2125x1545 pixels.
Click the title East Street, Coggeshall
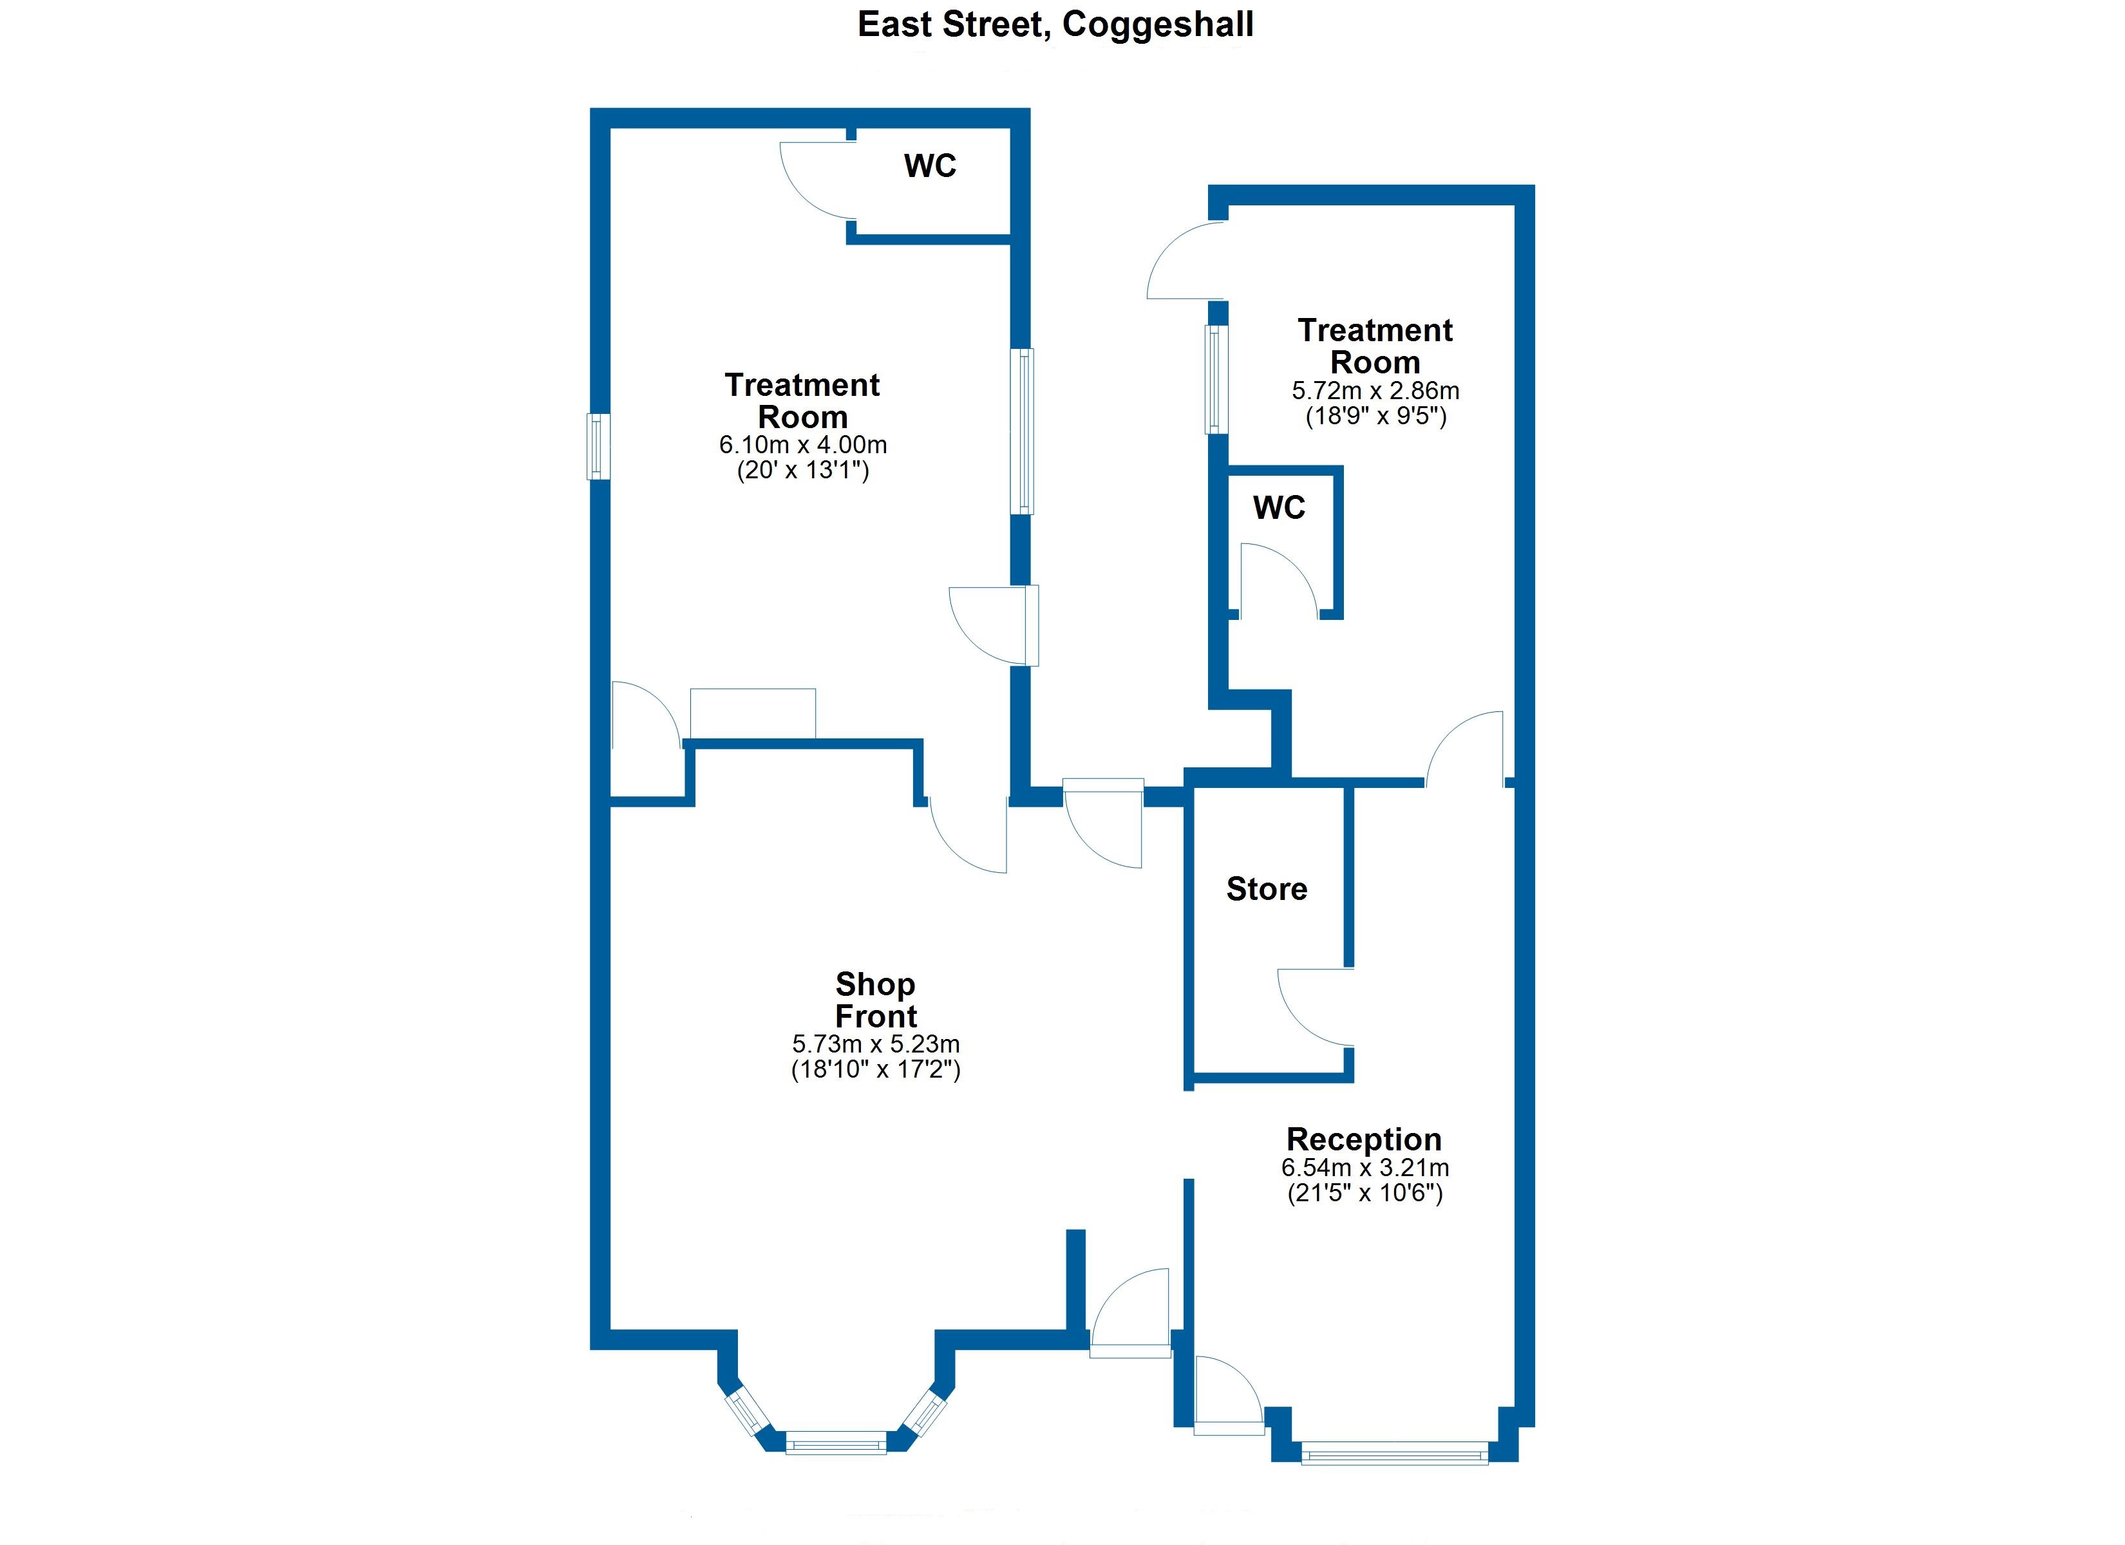(1055, 25)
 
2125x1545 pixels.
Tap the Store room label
(1266, 888)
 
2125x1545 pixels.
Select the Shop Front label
(875, 1000)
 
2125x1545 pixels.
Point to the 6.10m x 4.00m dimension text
(803, 445)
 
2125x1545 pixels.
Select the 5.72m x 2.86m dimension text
(1375, 391)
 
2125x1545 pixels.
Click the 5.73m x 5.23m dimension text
(875, 1044)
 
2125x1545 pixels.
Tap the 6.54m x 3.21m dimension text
(1365, 1167)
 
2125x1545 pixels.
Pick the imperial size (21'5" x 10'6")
(1365, 1193)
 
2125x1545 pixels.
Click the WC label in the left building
(929, 166)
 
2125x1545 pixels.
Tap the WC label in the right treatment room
(1279, 508)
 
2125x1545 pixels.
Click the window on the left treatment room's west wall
(598, 447)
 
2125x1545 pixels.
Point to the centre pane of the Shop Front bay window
(836, 1442)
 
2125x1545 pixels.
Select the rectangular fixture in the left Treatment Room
(752, 713)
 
